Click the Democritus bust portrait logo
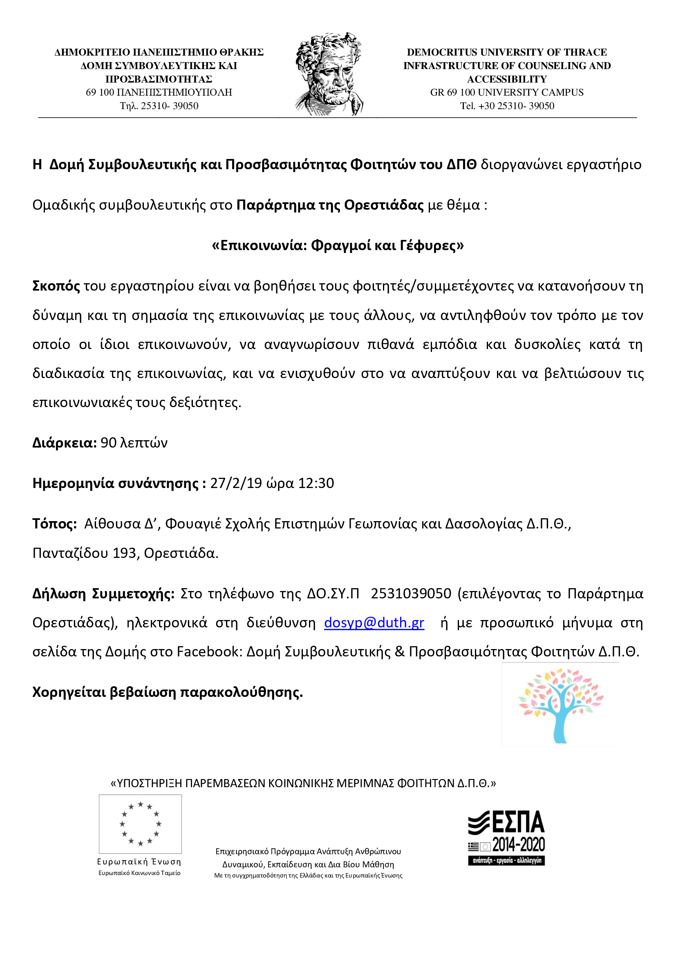[329, 74]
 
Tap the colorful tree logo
[560, 705]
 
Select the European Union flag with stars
[140, 824]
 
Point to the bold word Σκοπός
[56, 286]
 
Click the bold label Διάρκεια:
[65, 443]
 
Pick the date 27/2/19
[235, 483]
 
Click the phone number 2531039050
[411, 593]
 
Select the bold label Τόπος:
[54, 524]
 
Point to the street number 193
[125, 553]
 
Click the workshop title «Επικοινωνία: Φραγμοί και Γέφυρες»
[338, 246]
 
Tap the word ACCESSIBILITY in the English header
[506, 79]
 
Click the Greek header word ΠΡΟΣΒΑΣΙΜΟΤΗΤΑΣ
[159, 79]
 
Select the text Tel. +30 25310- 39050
[506, 106]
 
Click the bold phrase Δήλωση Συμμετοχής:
[103, 593]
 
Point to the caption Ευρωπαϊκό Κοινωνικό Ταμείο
[139, 873]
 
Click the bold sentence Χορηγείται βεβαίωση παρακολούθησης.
[167, 692]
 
